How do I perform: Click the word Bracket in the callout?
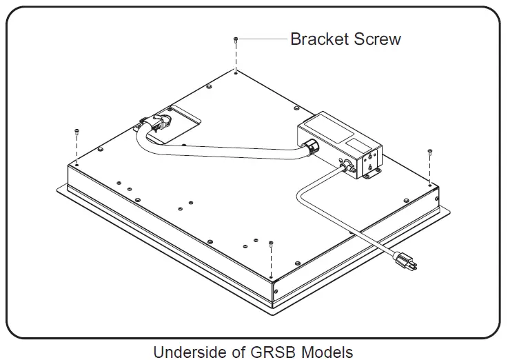[x=320, y=39]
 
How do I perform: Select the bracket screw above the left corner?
[x=77, y=131]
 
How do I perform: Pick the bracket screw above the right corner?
[x=430, y=151]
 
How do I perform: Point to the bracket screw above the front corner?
[x=272, y=243]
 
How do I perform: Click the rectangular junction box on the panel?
[x=338, y=148]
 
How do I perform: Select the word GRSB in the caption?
[x=270, y=352]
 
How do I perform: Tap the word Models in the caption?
[x=326, y=352]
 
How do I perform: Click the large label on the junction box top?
[x=323, y=131]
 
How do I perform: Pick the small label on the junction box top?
[x=357, y=145]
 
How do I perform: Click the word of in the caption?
[x=235, y=352]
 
